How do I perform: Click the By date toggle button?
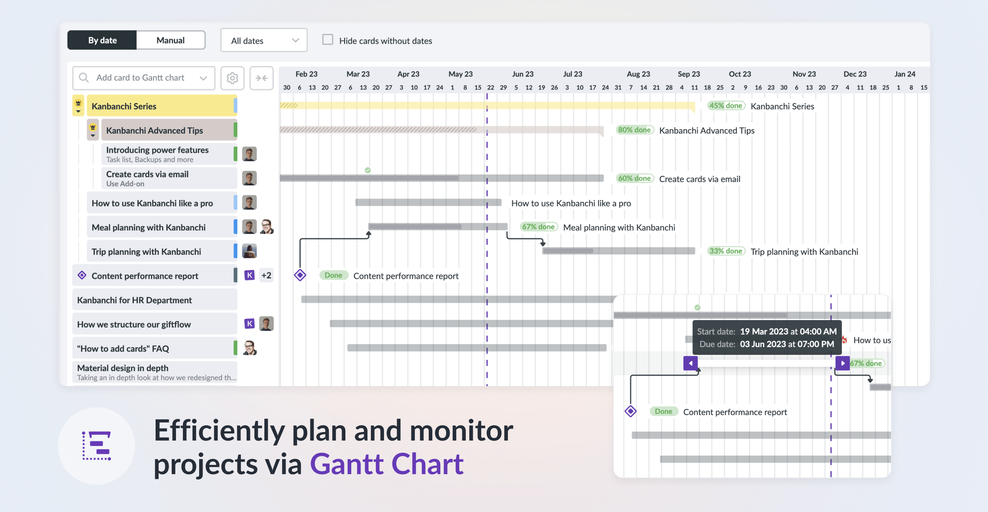[102, 40]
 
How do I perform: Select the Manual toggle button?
[170, 40]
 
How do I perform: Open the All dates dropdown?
[264, 41]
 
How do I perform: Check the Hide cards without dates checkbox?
[328, 40]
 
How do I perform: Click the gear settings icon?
[232, 78]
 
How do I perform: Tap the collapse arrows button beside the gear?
[262, 78]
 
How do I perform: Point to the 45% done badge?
[726, 106]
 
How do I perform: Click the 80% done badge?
[634, 130]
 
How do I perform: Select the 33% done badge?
[726, 251]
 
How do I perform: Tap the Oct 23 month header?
[739, 74]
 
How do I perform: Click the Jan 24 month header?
[905, 74]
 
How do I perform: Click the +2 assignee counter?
[266, 275]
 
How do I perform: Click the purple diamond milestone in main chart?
[300, 275]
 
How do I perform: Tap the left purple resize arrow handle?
[690, 363]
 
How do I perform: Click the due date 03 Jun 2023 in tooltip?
[787, 344]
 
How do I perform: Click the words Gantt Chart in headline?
[387, 464]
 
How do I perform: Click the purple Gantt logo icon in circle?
[96, 446]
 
